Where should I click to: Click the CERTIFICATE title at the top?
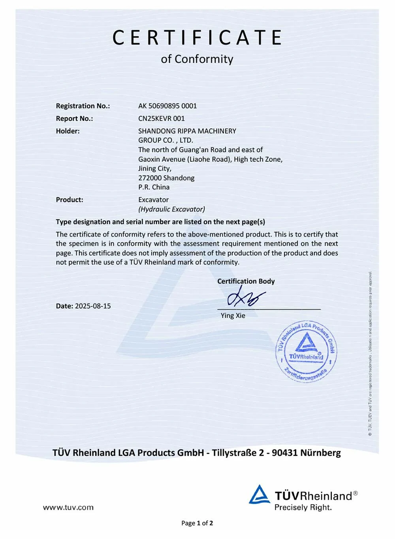coord(197,38)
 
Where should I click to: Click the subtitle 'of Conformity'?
coord(197,59)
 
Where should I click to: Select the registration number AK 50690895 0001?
coord(167,106)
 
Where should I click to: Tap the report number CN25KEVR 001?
coord(162,118)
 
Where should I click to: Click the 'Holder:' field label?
coord(68,131)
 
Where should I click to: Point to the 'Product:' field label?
coord(70,200)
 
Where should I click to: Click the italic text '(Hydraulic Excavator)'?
coord(171,209)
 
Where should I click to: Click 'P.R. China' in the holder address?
coord(154,187)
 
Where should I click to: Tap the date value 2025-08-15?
coord(93,306)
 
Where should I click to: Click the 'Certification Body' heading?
coord(246,281)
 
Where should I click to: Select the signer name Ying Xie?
coord(233,316)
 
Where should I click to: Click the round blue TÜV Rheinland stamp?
coord(306,351)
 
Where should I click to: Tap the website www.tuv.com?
coord(68,507)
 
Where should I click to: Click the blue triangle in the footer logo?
coord(259,495)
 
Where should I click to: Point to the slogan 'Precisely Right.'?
coord(303,507)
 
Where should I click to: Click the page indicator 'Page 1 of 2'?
coord(197,523)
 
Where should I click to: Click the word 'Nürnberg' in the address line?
coord(320,453)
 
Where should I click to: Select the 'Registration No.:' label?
coord(83,106)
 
